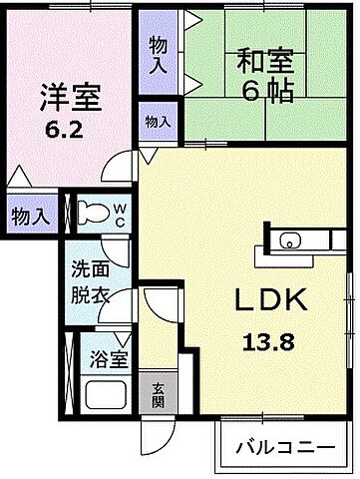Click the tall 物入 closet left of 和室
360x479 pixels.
[158, 54]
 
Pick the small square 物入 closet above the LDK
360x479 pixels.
[157, 121]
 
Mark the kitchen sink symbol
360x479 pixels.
[289, 239]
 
